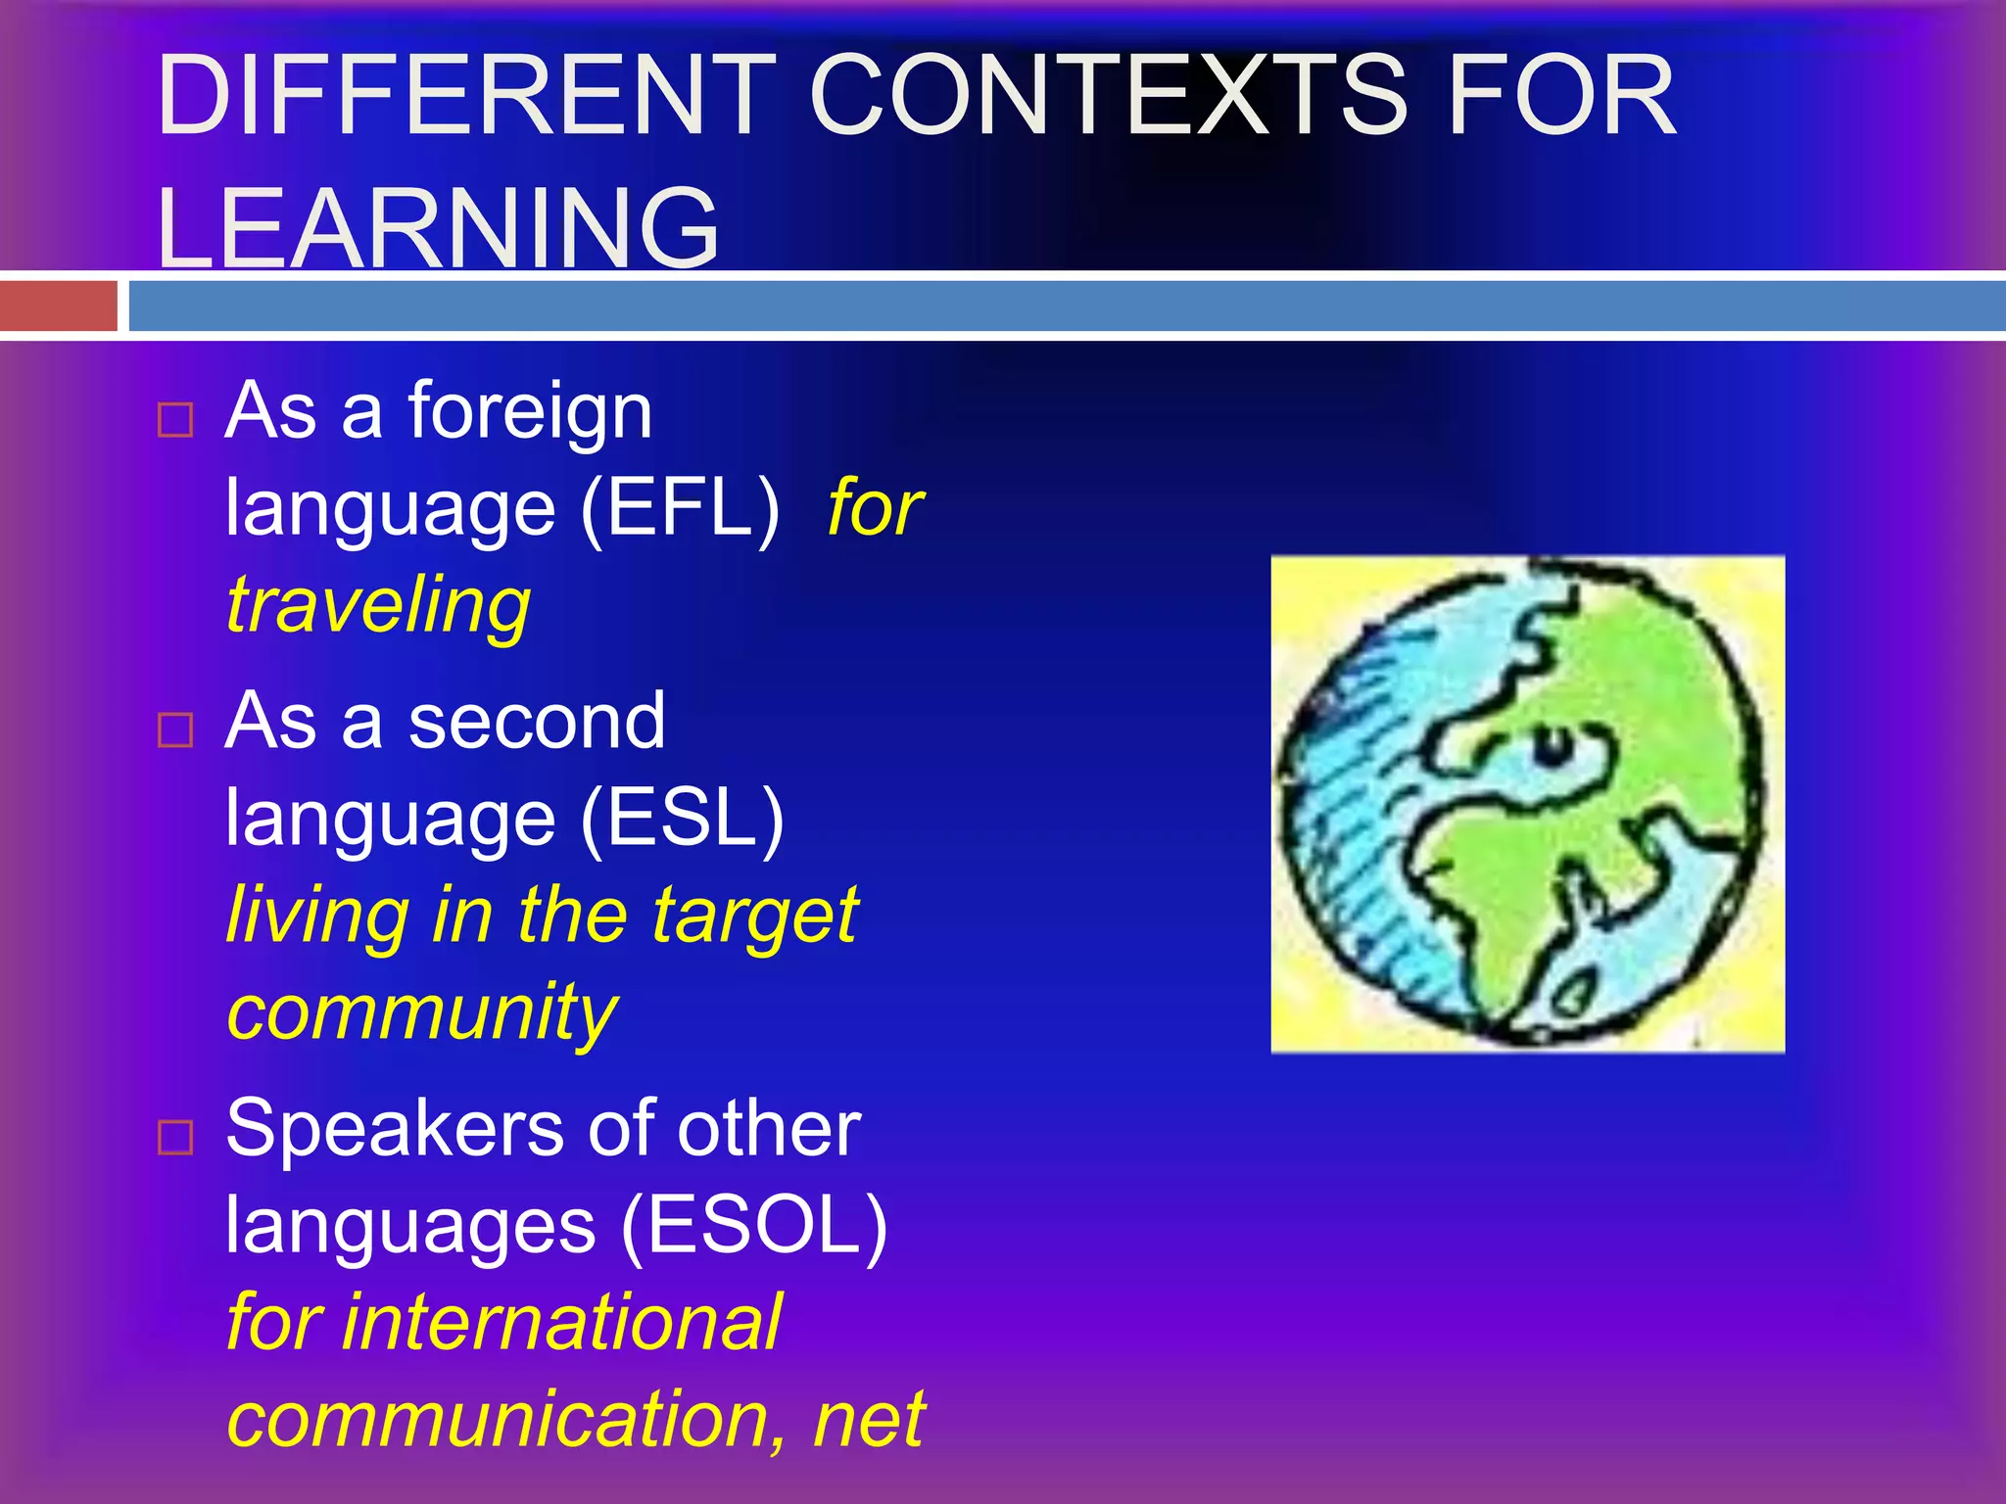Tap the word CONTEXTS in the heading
pyautogui.click(x=1108, y=95)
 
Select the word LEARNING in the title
pyautogui.click(x=438, y=227)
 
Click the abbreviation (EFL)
pyautogui.click(x=681, y=508)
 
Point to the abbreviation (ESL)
pyautogui.click(x=683, y=818)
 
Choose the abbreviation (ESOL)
pyautogui.click(x=754, y=1225)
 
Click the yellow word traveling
pyautogui.click(x=378, y=605)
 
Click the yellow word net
pyautogui.click(x=869, y=1418)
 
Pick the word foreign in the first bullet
pyautogui.click(x=530, y=411)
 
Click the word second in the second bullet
pyautogui.click(x=537, y=721)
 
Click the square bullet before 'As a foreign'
pyautogui.click(x=175, y=420)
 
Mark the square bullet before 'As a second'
pyautogui.click(x=175, y=729)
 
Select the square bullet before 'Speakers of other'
pyautogui.click(x=175, y=1137)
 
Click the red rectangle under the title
pyautogui.click(x=59, y=306)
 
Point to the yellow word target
pyautogui.click(x=755, y=916)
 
